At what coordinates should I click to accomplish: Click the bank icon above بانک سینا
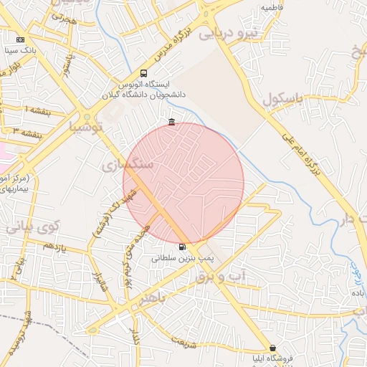point(20,39)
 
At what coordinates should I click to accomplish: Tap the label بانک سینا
point(19,51)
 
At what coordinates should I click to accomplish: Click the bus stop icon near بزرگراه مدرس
point(144,73)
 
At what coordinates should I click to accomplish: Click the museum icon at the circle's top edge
point(171,123)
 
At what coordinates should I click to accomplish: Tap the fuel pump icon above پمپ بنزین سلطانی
point(181,247)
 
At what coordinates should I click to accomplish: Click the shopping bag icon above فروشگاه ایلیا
point(272,348)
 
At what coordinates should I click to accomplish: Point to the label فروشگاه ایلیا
point(267,358)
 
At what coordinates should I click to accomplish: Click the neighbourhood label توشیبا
point(85,127)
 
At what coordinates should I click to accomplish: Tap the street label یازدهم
point(54,246)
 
